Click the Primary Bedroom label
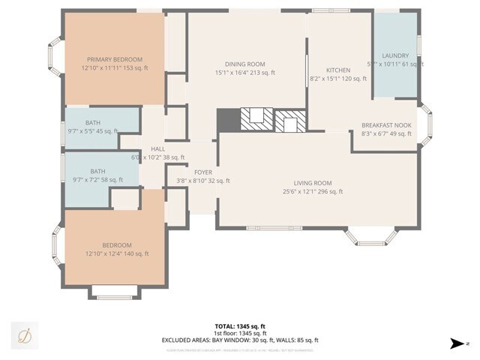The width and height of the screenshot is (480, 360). click(x=115, y=59)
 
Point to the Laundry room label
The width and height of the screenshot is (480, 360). click(x=395, y=56)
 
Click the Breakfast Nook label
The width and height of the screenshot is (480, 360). click(x=386, y=125)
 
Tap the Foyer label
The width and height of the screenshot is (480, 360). click(x=203, y=172)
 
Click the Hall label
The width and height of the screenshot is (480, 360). click(x=157, y=149)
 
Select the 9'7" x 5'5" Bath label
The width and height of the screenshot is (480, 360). click(x=93, y=122)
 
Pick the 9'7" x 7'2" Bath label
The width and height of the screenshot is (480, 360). click(x=98, y=171)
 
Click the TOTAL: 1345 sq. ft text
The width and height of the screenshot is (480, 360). click(x=240, y=326)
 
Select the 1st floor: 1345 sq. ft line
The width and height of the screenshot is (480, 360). click(x=240, y=333)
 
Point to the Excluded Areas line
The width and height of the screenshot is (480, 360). click(x=240, y=340)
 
